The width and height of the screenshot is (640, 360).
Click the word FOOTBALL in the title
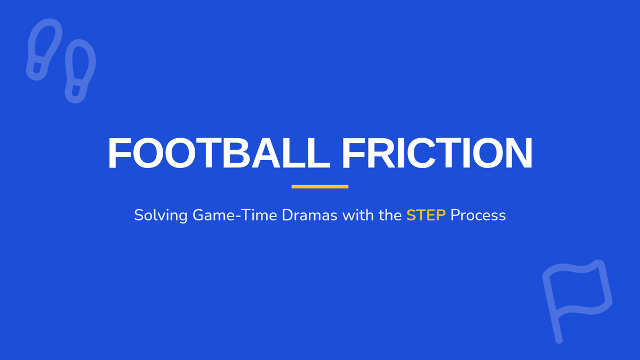point(219,153)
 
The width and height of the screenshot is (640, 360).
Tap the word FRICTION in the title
point(437,153)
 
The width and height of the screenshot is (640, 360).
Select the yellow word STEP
point(426,215)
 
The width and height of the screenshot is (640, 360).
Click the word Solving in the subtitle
point(161,215)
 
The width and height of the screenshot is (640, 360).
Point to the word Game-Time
point(235,215)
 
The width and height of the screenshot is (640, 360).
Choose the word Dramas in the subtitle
point(310,215)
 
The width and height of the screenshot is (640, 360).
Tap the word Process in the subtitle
point(478,215)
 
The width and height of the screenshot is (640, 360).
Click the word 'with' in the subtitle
point(358,215)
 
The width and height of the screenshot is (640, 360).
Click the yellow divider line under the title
point(320,187)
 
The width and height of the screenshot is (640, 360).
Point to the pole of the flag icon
point(553,307)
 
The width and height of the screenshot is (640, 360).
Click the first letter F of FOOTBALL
point(119,153)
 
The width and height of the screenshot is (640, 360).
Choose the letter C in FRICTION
point(421,153)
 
